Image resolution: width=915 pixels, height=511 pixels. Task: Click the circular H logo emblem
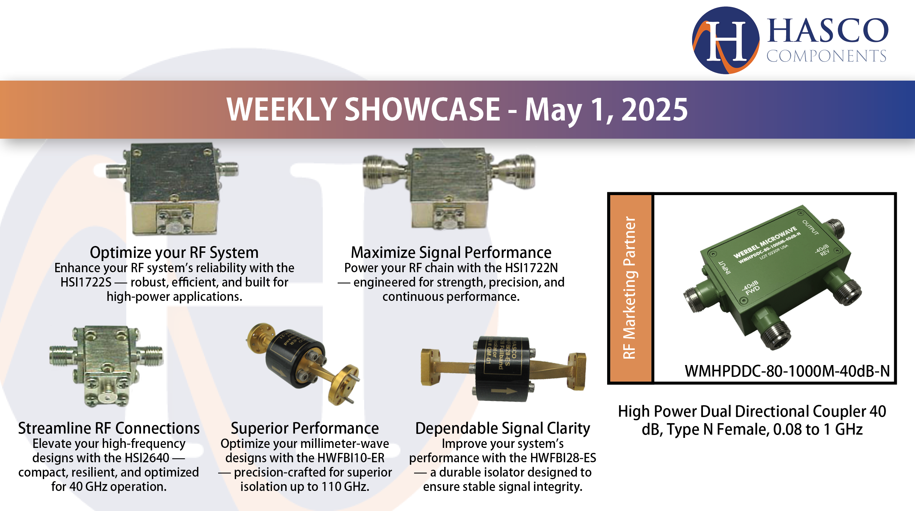pyautogui.click(x=726, y=40)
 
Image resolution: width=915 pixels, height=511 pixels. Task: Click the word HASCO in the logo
pyautogui.click(x=827, y=30)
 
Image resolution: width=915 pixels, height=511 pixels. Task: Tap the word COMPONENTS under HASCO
pyautogui.click(x=826, y=56)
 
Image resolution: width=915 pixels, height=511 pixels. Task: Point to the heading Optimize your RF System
pyautogui.click(x=174, y=252)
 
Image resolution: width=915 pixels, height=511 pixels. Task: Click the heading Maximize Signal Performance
pyautogui.click(x=451, y=252)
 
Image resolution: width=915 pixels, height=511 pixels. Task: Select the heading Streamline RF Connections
pyautogui.click(x=109, y=428)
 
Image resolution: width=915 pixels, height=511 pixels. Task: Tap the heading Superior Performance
pyautogui.click(x=305, y=428)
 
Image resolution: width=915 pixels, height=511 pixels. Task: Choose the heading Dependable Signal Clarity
pyautogui.click(x=502, y=428)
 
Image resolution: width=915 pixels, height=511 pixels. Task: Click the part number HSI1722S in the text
pyautogui.click(x=86, y=282)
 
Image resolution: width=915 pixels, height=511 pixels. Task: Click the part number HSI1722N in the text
pyautogui.click(x=531, y=268)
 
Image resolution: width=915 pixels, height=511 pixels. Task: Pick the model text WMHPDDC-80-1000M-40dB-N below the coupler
pyautogui.click(x=787, y=371)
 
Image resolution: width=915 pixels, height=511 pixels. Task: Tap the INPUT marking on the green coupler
pyautogui.click(x=724, y=268)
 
